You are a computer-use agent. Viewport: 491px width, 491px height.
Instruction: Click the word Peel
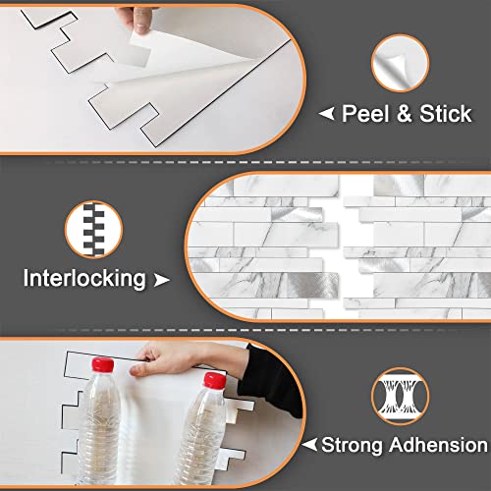pyautogui.click(x=365, y=114)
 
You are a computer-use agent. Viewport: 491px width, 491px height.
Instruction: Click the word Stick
pyautogui.click(x=446, y=114)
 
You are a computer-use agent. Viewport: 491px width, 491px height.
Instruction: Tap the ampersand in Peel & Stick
pyautogui.click(x=405, y=114)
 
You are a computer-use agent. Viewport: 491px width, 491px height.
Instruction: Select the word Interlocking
pyautogui.click(x=84, y=279)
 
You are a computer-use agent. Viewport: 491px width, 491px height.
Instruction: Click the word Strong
pyautogui.click(x=352, y=445)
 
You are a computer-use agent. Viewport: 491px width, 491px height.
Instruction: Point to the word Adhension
pyautogui.click(x=439, y=445)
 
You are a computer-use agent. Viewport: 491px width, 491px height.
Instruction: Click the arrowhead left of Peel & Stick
pyautogui.click(x=326, y=114)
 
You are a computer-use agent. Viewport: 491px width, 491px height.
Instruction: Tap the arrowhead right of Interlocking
pyautogui.click(x=162, y=280)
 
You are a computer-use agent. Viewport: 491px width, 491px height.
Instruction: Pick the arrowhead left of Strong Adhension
pyautogui.click(x=309, y=445)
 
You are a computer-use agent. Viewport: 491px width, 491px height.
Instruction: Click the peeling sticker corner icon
pyautogui.click(x=400, y=63)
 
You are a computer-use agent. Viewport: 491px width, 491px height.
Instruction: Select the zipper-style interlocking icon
pyautogui.click(x=94, y=229)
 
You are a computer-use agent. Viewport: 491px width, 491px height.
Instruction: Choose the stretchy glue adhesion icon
pyautogui.click(x=400, y=396)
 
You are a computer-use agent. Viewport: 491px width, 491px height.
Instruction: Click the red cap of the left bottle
pyautogui.click(x=103, y=364)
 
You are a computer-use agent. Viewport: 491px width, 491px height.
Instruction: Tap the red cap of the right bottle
pyautogui.click(x=215, y=380)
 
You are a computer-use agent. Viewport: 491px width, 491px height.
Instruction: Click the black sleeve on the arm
pyautogui.click(x=270, y=381)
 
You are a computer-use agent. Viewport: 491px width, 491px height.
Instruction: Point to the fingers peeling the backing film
pyautogui.click(x=137, y=19)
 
